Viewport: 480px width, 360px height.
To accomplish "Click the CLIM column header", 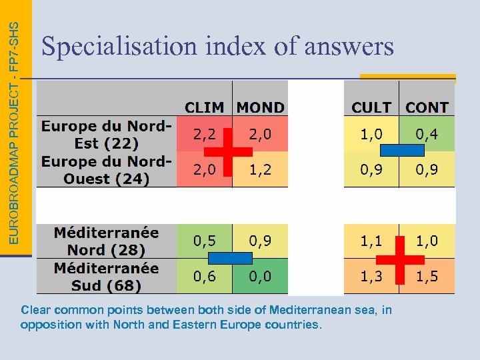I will tap(205, 107).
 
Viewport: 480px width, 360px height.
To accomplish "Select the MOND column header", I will tap(260, 107).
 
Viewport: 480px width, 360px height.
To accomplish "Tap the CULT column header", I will tap(371, 107).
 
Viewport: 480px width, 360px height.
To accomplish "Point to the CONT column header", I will tap(427, 107).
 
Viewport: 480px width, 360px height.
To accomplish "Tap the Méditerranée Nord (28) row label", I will tap(107, 241).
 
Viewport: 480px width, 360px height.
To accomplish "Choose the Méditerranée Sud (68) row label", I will tap(107, 277).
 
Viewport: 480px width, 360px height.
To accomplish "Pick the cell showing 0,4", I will tap(427, 134).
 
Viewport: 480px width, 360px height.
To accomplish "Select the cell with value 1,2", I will tap(260, 170).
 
